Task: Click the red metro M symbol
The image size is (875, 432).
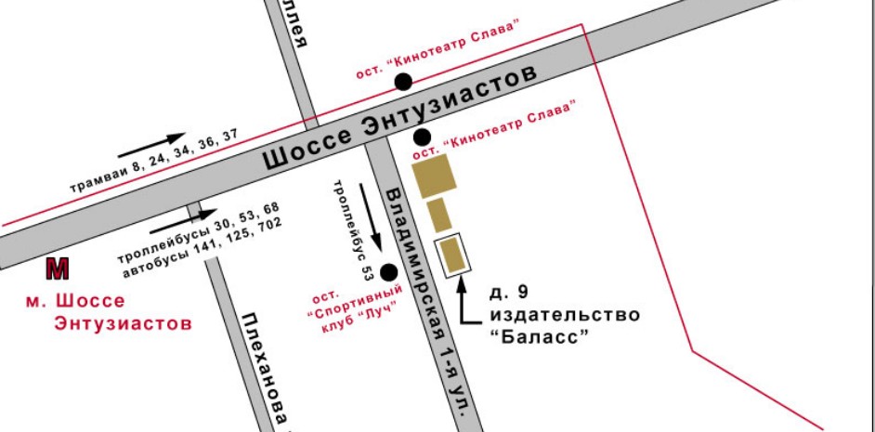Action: tap(58, 269)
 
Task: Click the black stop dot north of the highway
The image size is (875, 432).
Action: tap(403, 82)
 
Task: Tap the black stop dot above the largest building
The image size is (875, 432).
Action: tap(421, 137)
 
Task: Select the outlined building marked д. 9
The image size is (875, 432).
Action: tap(452, 256)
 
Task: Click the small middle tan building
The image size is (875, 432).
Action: tap(439, 215)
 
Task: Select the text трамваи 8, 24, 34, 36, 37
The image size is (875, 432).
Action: tap(154, 163)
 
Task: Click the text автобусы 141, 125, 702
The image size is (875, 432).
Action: tap(201, 243)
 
